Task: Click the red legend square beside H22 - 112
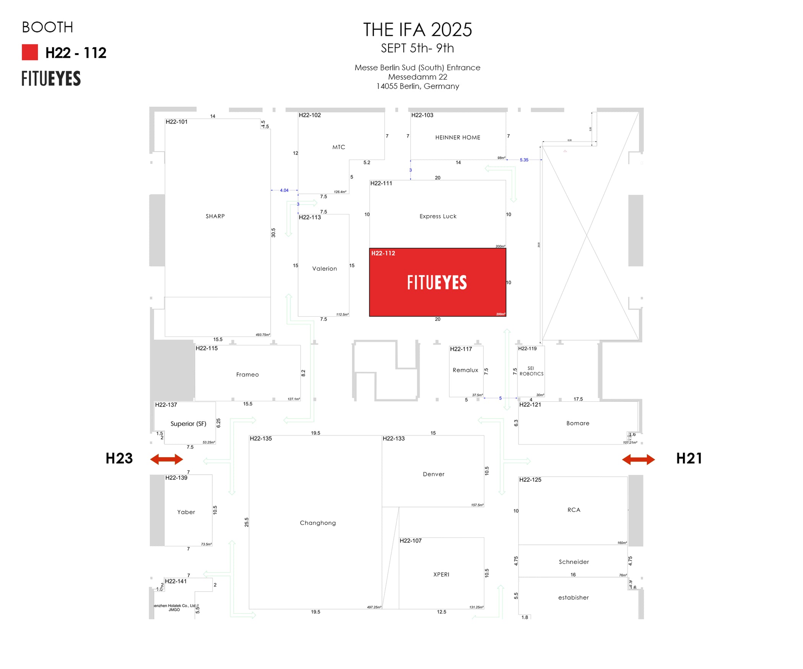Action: [30, 52]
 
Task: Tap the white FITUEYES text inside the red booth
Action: [437, 283]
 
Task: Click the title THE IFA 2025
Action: [417, 30]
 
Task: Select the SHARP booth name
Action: [215, 216]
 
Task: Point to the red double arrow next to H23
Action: [166, 459]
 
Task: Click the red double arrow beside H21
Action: [638, 459]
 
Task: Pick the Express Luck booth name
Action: [438, 216]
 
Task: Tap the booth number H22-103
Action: [422, 115]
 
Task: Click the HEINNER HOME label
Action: [458, 138]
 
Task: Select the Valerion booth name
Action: [325, 269]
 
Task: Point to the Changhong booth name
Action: [318, 523]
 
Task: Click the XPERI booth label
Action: [441, 575]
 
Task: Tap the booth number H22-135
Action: [261, 438]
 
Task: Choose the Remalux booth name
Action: [465, 370]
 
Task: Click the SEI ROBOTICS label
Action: [531, 371]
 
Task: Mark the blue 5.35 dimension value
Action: [524, 160]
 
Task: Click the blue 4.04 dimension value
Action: [284, 190]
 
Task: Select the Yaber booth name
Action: [186, 512]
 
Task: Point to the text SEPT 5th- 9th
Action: [417, 48]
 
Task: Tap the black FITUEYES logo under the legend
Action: [51, 78]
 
